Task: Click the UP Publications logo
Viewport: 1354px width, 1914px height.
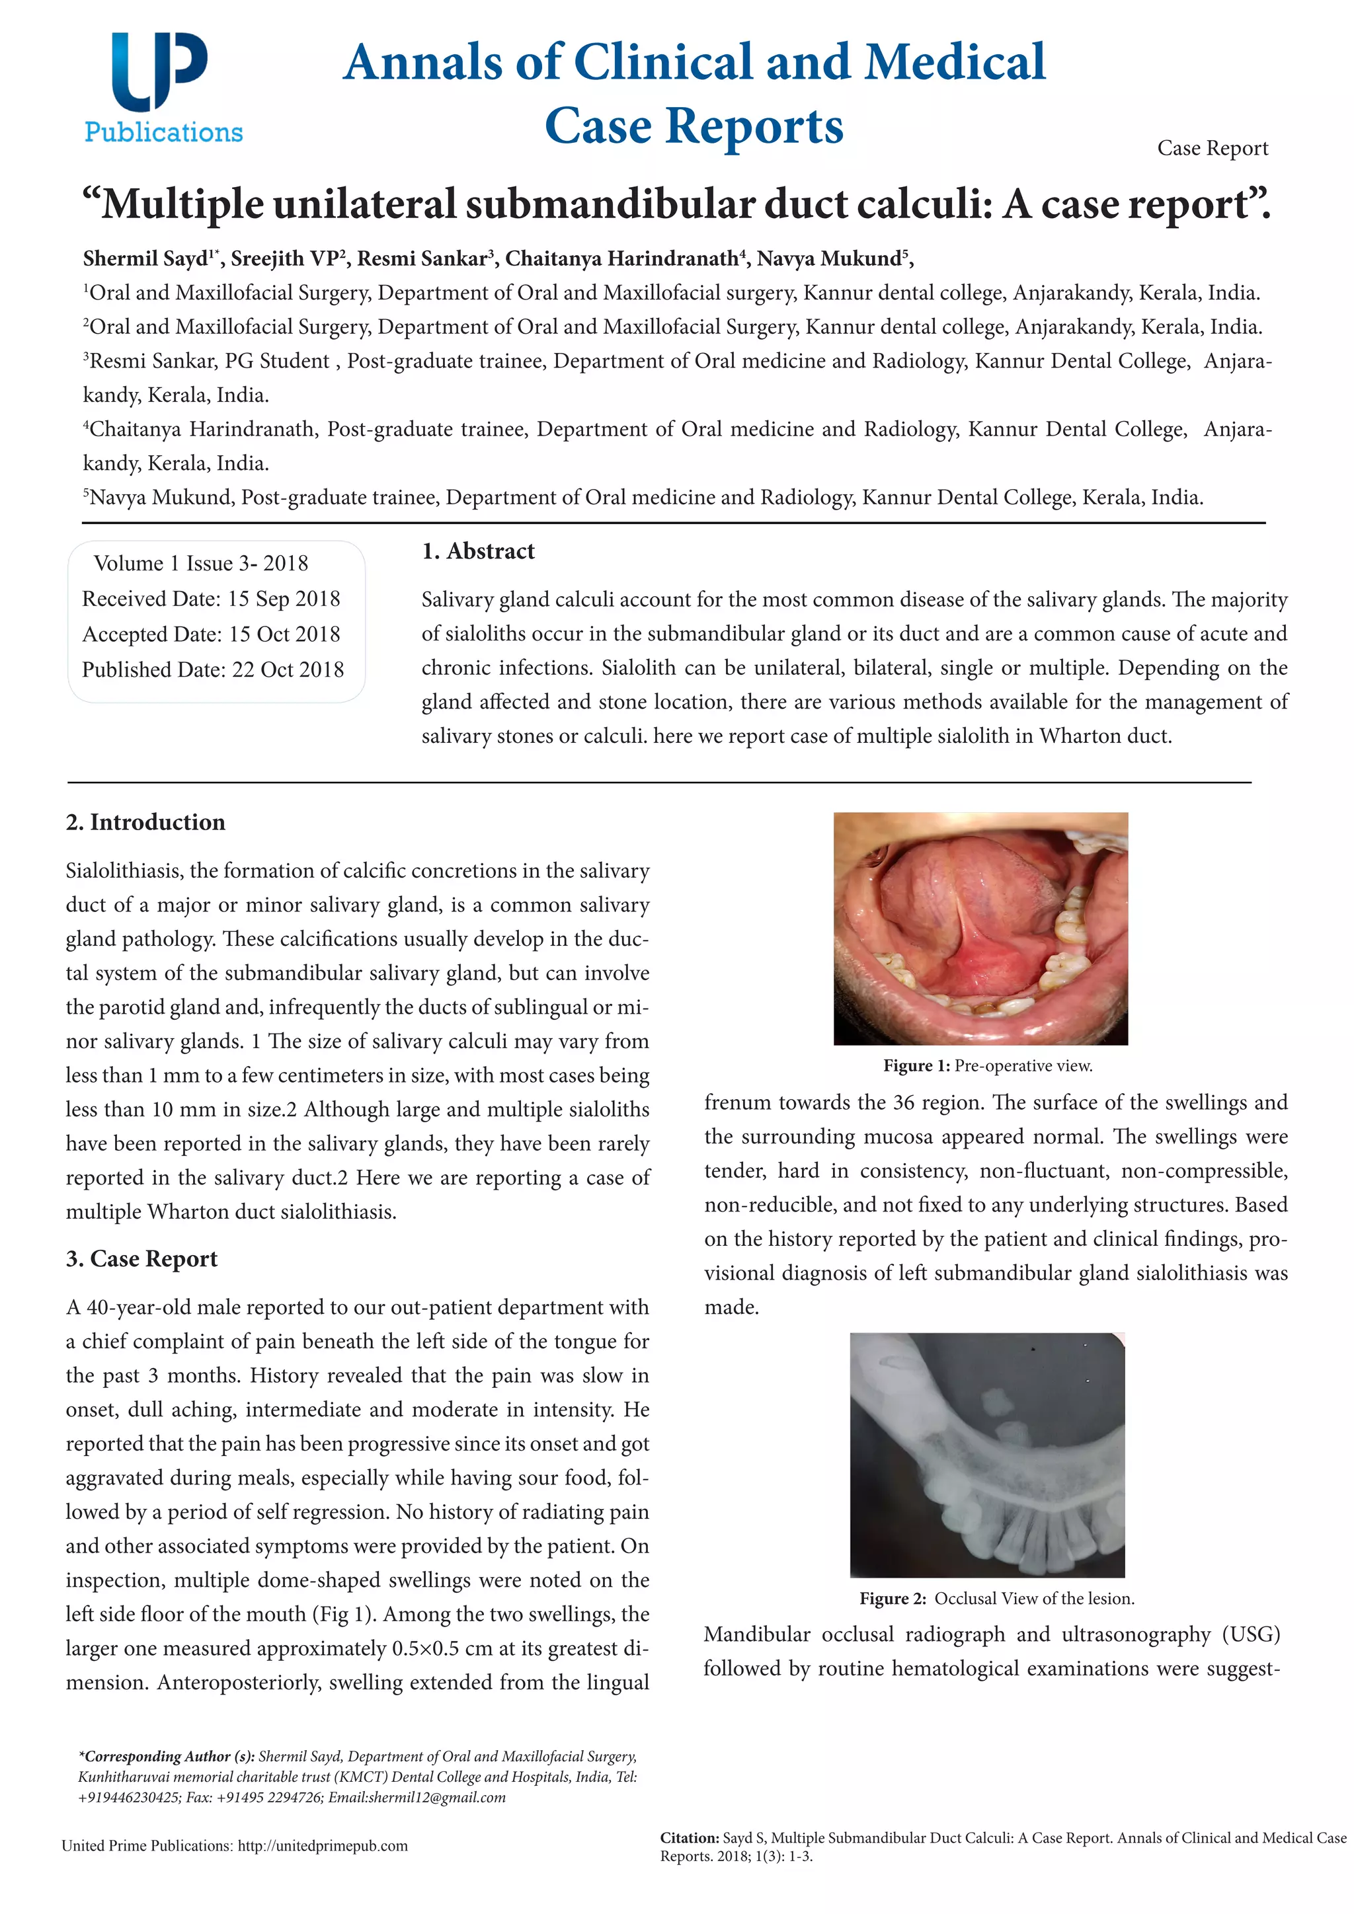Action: tap(163, 87)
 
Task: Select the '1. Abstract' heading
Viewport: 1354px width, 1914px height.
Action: tap(478, 551)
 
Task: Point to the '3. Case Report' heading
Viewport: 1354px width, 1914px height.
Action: tap(141, 1258)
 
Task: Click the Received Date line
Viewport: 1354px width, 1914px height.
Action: tap(211, 599)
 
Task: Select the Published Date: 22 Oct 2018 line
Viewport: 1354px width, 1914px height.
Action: tap(213, 670)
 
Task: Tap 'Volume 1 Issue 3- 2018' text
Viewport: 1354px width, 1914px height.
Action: tap(201, 564)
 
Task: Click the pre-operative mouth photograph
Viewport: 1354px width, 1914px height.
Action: tap(980, 928)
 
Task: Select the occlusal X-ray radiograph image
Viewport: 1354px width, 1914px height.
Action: tap(987, 1455)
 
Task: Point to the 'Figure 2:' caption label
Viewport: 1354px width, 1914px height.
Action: tap(893, 1598)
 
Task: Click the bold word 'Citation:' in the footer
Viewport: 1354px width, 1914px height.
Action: tap(689, 1837)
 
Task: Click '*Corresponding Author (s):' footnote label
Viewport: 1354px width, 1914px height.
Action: tap(167, 1757)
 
